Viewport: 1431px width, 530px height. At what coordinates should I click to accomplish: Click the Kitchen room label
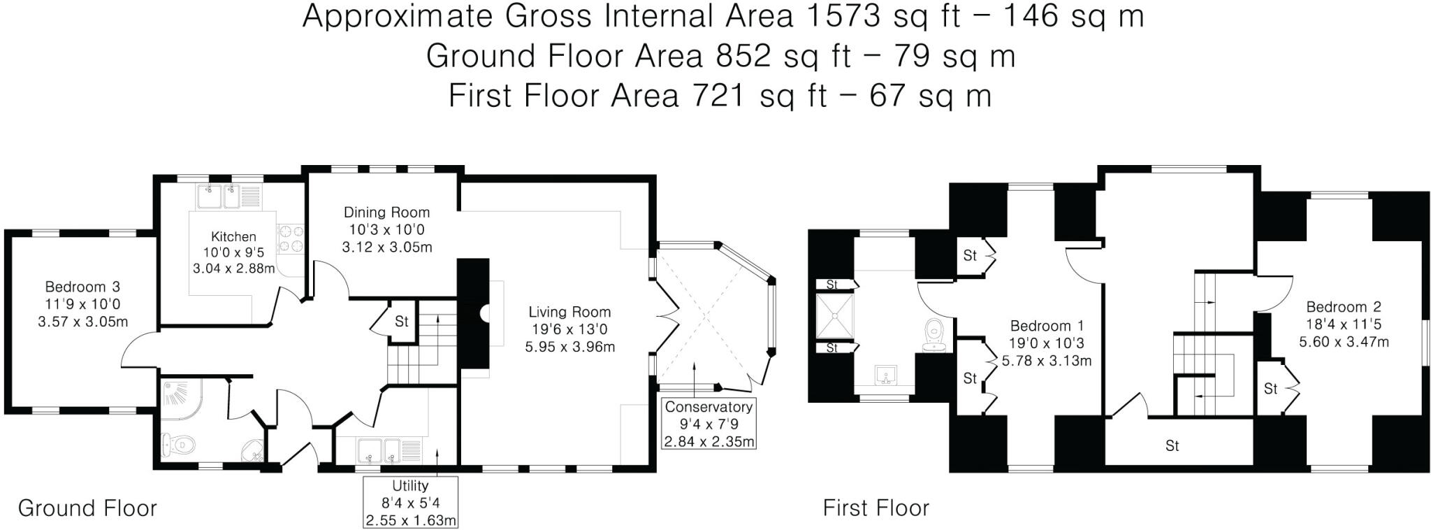(233, 237)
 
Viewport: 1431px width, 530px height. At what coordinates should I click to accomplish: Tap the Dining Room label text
(386, 213)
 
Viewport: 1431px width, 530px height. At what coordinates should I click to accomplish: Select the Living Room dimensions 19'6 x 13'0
(569, 329)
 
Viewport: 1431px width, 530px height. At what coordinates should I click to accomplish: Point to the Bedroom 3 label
(82, 287)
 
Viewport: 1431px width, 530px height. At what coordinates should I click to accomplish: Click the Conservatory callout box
(709, 424)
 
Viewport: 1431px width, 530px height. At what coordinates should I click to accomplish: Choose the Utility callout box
(410, 503)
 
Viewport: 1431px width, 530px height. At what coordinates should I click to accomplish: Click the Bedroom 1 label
(1047, 326)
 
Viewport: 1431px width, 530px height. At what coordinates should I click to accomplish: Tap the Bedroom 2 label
(1343, 307)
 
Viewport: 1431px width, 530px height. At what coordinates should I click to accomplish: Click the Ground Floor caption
(87, 508)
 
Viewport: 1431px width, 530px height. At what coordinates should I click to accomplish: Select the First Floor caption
(876, 508)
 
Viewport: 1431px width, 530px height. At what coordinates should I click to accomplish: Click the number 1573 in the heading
(843, 17)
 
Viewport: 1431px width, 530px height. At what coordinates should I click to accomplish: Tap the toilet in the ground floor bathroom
(178, 443)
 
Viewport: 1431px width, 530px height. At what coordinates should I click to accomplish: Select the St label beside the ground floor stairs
(401, 322)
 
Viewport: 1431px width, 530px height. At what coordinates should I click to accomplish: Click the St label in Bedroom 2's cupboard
(1270, 389)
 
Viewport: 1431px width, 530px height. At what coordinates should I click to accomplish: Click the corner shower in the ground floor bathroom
(177, 395)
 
